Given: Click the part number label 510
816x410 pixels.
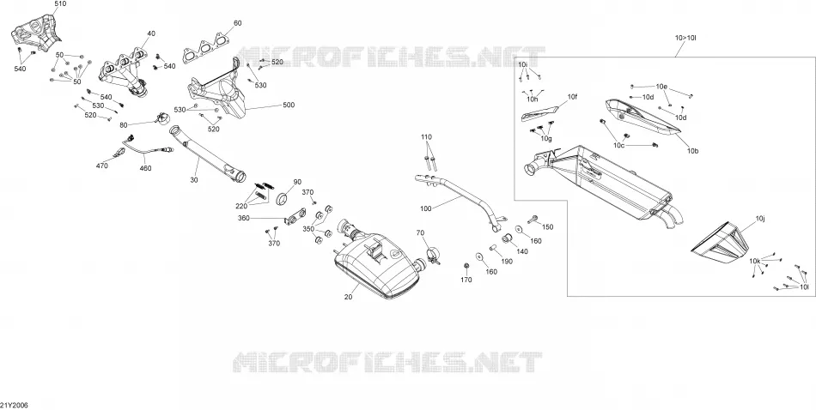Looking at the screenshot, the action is [x=60, y=3].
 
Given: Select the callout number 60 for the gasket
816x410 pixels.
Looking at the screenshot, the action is [x=237, y=23].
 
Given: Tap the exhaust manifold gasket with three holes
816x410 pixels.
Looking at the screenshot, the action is [x=206, y=49].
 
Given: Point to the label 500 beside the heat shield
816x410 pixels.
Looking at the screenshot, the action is [x=289, y=105].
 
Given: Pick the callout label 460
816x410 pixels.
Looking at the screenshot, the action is [x=146, y=168].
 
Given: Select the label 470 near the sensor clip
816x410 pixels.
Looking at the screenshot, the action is [x=102, y=166].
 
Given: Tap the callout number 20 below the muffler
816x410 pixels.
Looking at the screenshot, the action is [x=348, y=297].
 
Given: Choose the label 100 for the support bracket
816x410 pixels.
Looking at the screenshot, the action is [x=426, y=209].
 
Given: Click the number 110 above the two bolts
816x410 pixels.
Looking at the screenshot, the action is [x=426, y=137].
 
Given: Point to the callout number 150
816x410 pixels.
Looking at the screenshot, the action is [x=548, y=227].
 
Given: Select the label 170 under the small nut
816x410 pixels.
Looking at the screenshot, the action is [x=466, y=280].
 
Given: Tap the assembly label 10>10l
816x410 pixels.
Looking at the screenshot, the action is [x=686, y=38].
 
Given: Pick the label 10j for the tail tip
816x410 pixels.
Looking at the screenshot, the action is [x=760, y=218].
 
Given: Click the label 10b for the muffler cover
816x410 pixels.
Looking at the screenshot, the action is [x=692, y=151].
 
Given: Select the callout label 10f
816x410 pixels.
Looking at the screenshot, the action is [x=572, y=97].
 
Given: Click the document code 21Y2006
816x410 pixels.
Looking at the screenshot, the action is [x=14, y=406].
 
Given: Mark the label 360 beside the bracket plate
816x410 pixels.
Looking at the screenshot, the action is [x=244, y=218].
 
